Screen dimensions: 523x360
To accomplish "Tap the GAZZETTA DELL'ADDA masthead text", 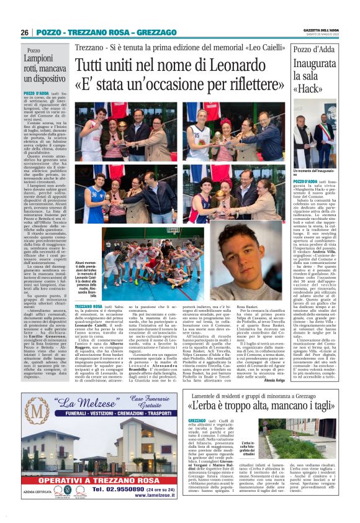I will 322,30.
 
